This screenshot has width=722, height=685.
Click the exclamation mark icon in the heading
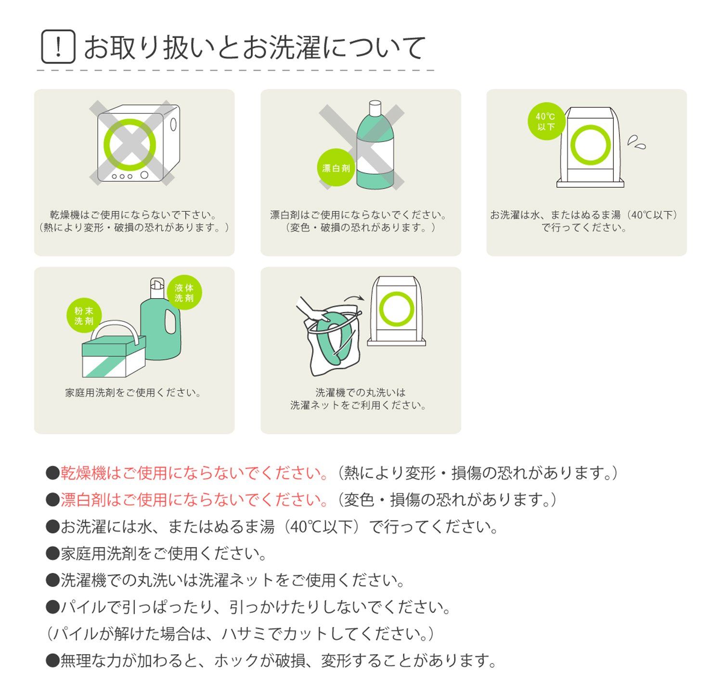(x=58, y=47)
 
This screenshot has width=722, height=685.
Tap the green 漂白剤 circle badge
(x=335, y=168)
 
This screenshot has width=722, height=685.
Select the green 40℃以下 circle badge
(x=546, y=121)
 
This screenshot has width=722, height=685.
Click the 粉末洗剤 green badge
(x=84, y=316)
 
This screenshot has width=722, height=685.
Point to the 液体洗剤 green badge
(x=184, y=292)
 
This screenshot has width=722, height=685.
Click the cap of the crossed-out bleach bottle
(x=375, y=108)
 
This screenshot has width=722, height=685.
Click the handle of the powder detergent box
(x=115, y=324)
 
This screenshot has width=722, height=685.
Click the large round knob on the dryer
(x=144, y=175)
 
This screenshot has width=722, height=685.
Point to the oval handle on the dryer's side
(x=173, y=125)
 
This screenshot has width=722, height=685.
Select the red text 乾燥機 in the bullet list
(x=83, y=472)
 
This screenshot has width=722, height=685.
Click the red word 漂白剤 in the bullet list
(x=83, y=500)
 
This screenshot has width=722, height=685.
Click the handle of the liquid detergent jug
(x=169, y=322)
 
